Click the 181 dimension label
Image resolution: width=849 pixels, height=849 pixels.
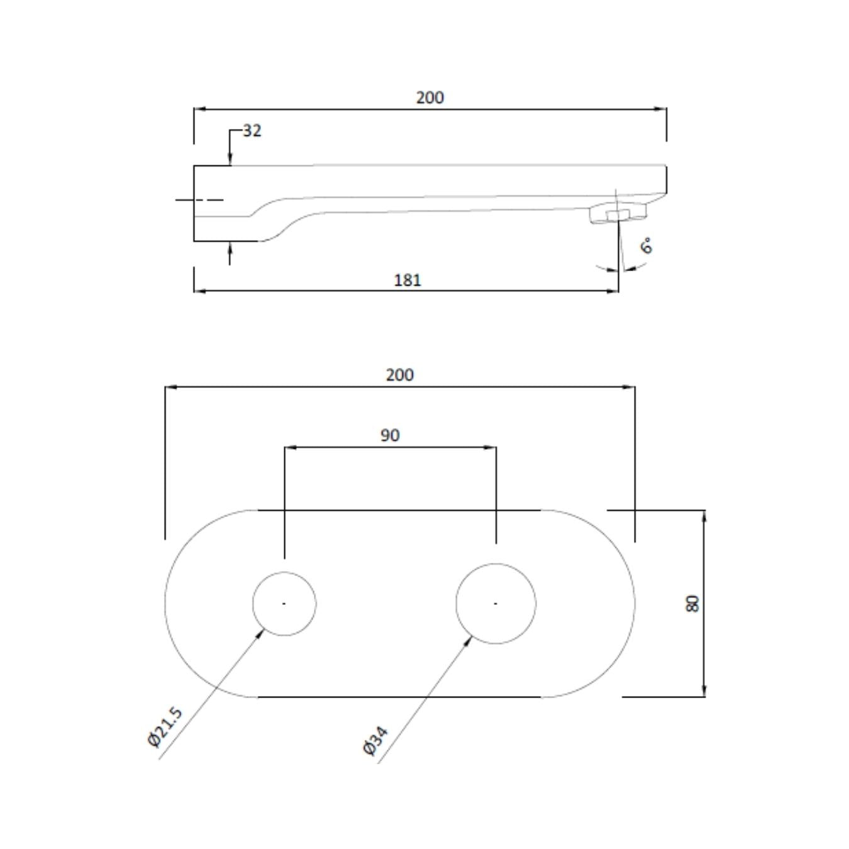407,280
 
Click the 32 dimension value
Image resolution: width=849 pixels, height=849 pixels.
252,131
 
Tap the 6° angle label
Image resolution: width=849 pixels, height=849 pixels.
646,246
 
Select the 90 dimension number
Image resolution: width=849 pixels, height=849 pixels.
390,435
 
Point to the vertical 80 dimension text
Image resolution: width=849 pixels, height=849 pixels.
692,604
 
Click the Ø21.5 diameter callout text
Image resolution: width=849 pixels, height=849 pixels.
165,727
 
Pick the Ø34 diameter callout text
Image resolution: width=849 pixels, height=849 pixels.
375,740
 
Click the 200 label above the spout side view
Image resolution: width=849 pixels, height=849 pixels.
430,97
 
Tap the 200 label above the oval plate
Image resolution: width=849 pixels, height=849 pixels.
399,375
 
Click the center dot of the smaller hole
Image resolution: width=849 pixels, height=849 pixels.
284,604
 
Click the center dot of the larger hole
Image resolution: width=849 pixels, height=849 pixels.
496,604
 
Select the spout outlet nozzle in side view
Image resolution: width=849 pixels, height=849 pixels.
618,214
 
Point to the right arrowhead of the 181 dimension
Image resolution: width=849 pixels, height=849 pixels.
613,291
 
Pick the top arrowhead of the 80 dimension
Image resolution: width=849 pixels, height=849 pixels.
704,516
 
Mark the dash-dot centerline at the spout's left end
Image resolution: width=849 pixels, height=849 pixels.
199,200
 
